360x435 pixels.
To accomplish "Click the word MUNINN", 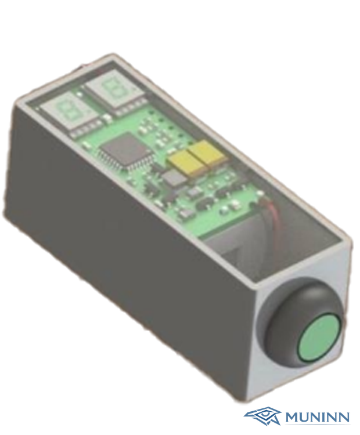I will tap(317, 416).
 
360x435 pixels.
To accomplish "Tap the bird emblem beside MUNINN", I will tap(262, 415).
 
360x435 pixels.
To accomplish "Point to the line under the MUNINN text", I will tap(316, 425).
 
